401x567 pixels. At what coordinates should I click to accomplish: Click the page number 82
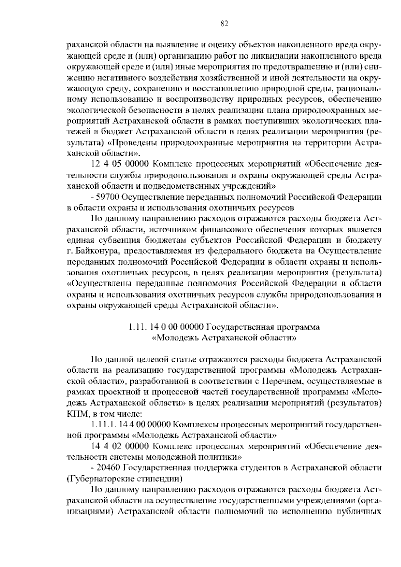[x=224, y=23]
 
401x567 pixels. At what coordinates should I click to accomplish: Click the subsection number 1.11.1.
[x=102, y=425]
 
